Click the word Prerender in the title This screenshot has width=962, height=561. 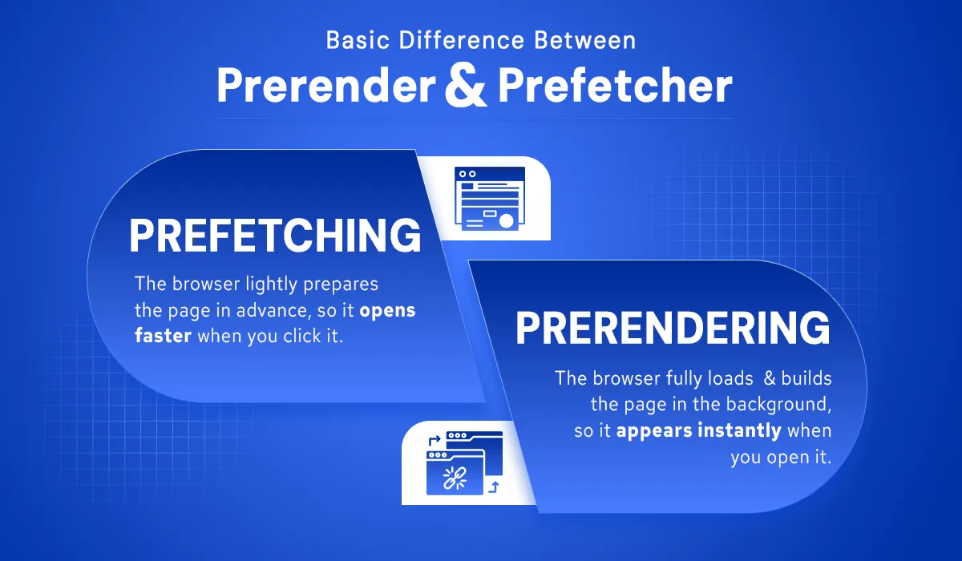(x=326, y=86)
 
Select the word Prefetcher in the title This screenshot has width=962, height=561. (x=615, y=85)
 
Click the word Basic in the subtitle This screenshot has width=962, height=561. (x=358, y=40)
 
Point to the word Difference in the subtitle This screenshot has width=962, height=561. (x=462, y=40)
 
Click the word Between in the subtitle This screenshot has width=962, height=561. (x=585, y=40)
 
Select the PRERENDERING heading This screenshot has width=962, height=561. (x=673, y=328)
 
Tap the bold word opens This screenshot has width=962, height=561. (x=387, y=311)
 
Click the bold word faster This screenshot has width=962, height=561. (x=164, y=335)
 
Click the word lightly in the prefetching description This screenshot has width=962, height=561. (x=271, y=285)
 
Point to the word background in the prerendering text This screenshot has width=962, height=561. (x=778, y=405)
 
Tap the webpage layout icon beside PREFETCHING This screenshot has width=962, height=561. (x=490, y=198)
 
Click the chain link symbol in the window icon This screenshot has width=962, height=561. (x=455, y=478)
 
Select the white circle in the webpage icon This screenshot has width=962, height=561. (x=507, y=221)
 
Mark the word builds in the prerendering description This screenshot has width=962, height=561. (x=806, y=378)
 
